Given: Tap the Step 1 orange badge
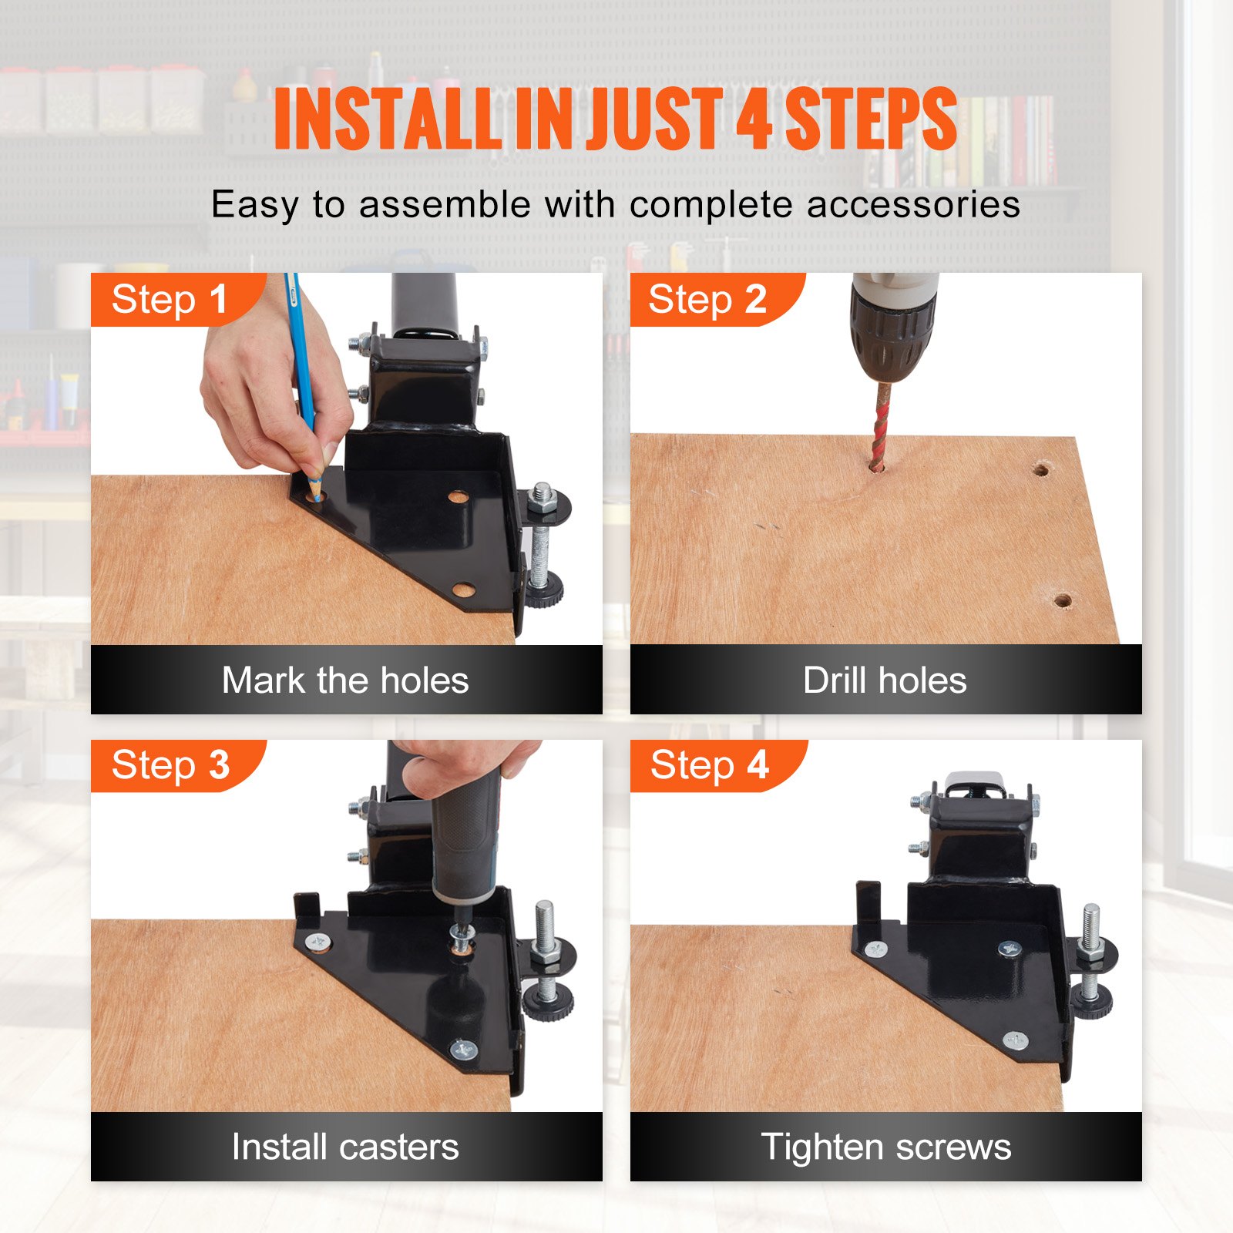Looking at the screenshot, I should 170,299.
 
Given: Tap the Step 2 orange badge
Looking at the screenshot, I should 707,299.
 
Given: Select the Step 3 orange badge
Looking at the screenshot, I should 170,765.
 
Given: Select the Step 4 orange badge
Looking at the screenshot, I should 709,765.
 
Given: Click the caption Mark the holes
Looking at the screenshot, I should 345,680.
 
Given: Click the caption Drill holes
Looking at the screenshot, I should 885,680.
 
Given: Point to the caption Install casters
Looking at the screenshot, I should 345,1147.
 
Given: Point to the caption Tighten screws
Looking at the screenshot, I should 885,1147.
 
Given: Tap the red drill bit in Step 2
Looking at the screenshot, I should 879,424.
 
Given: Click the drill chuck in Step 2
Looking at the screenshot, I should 892,331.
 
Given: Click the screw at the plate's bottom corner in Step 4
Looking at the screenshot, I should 1016,1042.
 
